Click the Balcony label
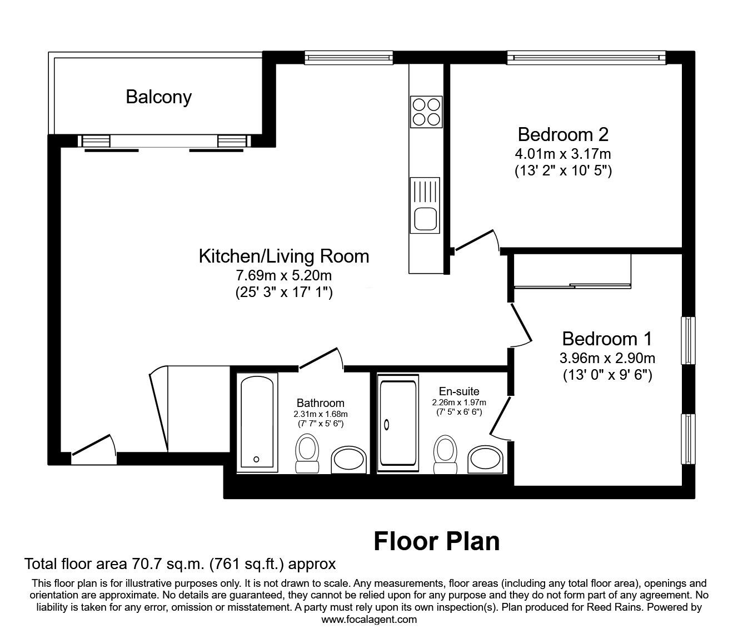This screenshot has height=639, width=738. [x=158, y=97]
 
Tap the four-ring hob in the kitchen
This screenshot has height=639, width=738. [x=426, y=111]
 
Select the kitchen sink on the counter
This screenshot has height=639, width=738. [x=425, y=205]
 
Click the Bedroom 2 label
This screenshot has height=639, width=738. [x=563, y=134]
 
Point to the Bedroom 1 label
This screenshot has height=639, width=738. [x=607, y=339]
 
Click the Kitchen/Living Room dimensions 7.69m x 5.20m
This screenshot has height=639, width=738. [x=284, y=275]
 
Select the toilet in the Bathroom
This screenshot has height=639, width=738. [x=307, y=453]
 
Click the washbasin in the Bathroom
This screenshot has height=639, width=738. [x=350, y=460]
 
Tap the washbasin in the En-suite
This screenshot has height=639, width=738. [x=486, y=459]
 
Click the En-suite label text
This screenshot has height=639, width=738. [x=459, y=391]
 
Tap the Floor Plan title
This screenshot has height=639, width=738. [x=436, y=541]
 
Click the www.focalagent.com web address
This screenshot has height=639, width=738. [x=369, y=620]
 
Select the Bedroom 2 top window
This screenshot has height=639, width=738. [x=586, y=57]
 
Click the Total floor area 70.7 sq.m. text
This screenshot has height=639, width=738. [x=180, y=565]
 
